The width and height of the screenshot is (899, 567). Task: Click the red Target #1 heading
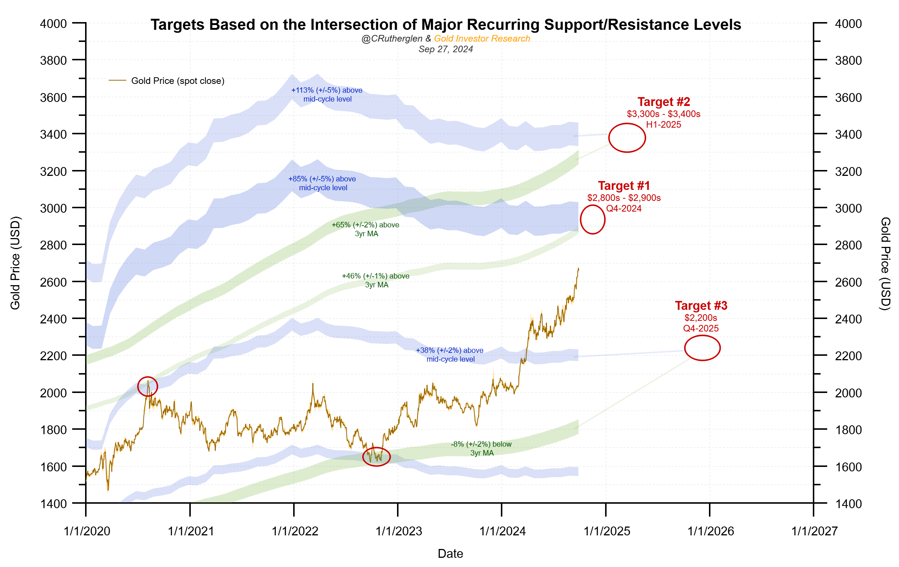point(624,186)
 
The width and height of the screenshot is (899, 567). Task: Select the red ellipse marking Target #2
point(627,138)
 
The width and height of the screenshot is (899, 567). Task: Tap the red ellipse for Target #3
point(702,348)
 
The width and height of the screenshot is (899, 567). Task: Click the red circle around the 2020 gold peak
point(147,386)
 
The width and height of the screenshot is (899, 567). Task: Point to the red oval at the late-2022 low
point(376,457)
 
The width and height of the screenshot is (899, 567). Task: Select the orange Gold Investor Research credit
point(482,38)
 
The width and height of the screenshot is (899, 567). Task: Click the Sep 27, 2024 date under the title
point(445,49)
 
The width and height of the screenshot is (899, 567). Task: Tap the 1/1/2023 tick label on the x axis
point(398,531)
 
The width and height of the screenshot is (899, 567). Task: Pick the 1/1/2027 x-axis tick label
point(814,531)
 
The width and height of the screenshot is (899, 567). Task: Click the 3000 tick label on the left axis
point(53,208)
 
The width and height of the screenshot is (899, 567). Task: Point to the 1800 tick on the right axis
point(848,430)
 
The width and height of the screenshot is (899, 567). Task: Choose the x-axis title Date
point(450,554)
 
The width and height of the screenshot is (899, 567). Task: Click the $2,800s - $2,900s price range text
point(624,198)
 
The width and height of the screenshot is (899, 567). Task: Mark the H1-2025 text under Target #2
point(663,125)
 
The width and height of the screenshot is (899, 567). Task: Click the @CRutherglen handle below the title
point(391,38)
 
